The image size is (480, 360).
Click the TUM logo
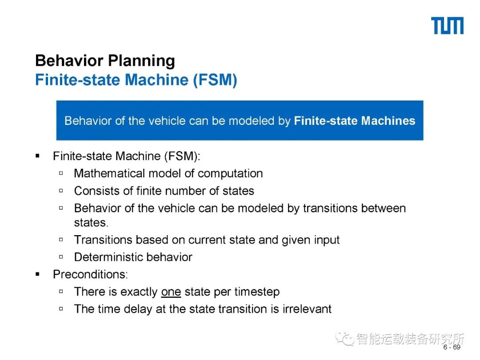click(447, 26)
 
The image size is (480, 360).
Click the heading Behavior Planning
click(105, 61)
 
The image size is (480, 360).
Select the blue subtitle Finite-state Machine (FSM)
click(136, 80)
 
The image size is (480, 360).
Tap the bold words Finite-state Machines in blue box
click(354, 121)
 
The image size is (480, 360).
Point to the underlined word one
click(171, 292)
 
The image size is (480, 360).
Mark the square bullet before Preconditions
click(38, 275)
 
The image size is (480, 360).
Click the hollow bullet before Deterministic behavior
click(61, 257)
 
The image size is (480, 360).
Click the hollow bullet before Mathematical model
click(61, 173)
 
